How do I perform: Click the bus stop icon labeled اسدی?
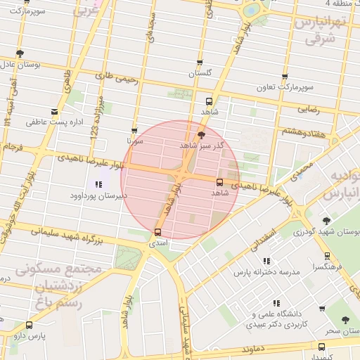(x=157, y=232)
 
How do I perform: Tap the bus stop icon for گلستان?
(x=200, y=63)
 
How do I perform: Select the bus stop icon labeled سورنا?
(x=134, y=131)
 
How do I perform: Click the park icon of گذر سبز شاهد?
(x=202, y=134)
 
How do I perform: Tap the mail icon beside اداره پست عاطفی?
(x=55, y=112)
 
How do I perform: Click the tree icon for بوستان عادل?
(x=20, y=53)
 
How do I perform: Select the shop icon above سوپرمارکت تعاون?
(x=285, y=77)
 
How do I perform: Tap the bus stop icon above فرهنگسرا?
(x=327, y=257)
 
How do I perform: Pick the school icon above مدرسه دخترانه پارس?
(x=271, y=259)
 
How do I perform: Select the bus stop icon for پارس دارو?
(x=29, y=325)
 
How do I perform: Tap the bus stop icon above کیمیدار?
(x=321, y=347)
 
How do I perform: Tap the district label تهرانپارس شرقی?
(x=322, y=31)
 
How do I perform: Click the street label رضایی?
(x=309, y=110)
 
